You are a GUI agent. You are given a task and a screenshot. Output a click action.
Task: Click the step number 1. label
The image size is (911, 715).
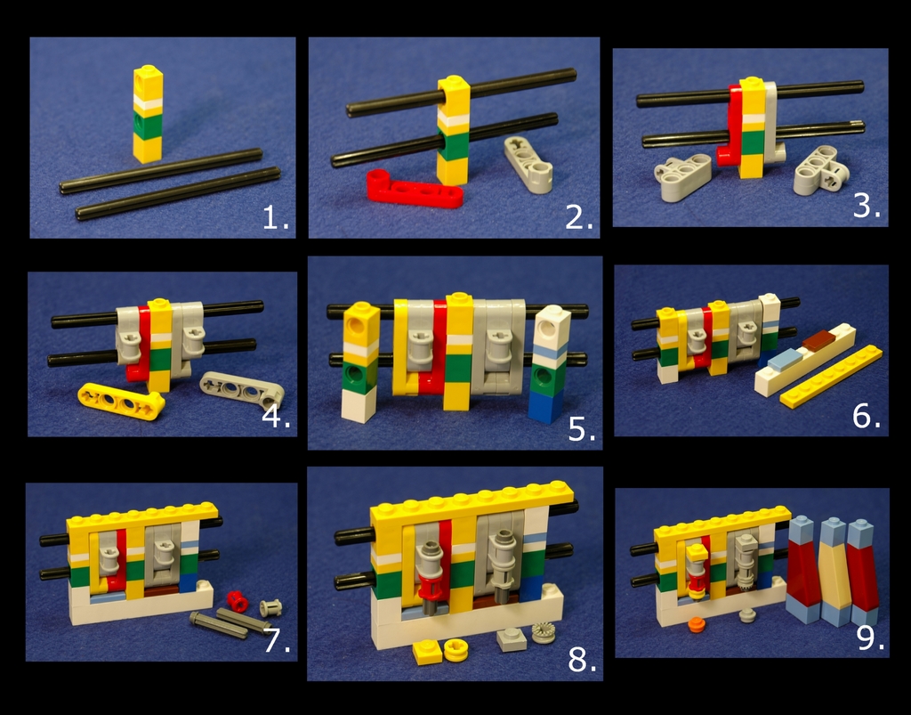point(276,218)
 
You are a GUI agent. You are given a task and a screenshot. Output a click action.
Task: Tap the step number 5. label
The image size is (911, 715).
point(582,429)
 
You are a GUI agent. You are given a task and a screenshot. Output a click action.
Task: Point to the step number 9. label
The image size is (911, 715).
point(871,638)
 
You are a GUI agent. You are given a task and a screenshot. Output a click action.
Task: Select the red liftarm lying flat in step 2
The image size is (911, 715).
point(415,189)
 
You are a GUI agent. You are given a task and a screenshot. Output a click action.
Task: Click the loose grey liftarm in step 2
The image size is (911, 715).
point(528,165)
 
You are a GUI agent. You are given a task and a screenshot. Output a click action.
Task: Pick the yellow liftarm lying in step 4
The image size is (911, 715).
point(121,400)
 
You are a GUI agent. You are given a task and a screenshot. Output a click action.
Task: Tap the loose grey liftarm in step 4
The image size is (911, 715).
point(242,389)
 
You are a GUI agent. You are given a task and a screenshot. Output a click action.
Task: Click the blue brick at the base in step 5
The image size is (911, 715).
point(545,406)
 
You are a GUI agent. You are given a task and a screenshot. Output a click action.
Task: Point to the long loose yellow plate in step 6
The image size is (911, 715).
point(831,377)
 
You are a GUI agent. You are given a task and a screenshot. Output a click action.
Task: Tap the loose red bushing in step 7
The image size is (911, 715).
point(237,601)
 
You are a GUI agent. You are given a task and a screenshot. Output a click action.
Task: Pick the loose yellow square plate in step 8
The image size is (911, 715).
point(427,652)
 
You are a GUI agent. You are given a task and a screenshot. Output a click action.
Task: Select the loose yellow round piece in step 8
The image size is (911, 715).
point(455,650)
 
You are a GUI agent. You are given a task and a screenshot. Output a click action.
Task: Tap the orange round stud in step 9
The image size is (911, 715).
point(696,624)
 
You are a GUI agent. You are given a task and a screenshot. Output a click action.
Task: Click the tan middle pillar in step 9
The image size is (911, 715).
point(834,572)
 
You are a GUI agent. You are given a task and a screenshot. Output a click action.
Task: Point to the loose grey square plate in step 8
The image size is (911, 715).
point(512,639)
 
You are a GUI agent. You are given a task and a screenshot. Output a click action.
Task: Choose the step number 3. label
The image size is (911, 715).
point(867,206)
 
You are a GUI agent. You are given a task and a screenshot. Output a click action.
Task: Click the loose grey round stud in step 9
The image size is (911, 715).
point(747,615)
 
